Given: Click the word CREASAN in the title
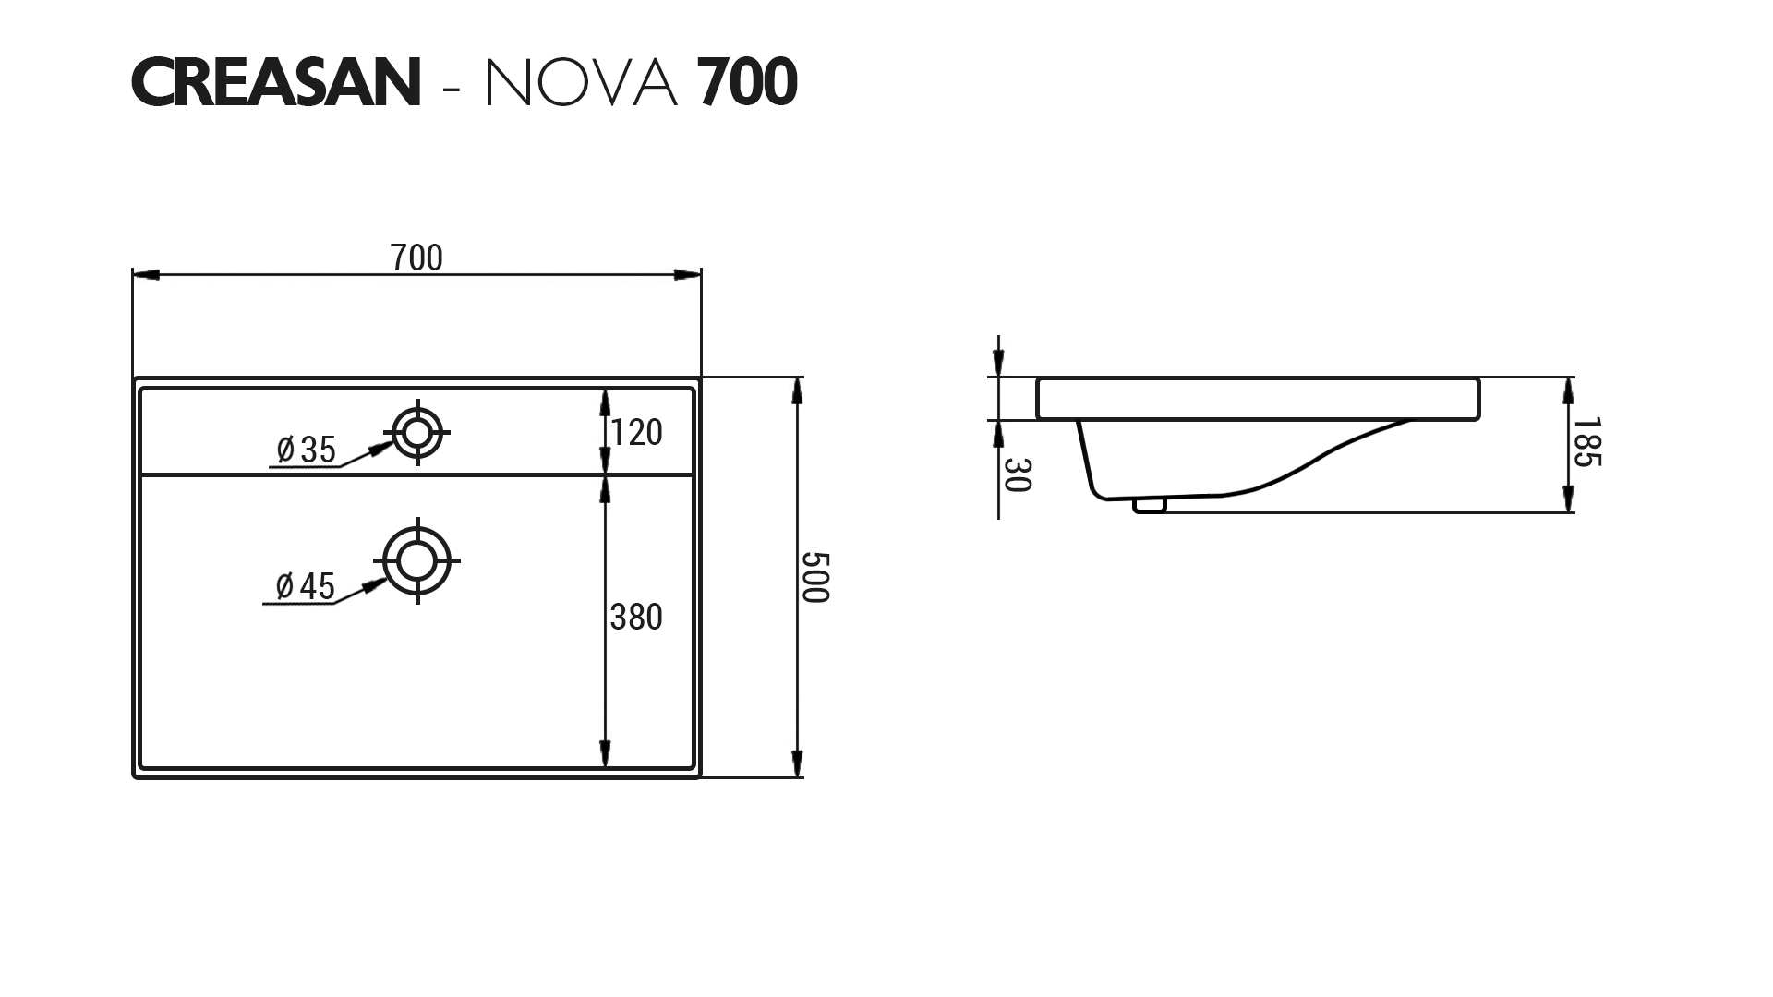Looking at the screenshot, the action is click(276, 82).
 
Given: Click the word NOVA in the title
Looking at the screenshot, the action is click(582, 82).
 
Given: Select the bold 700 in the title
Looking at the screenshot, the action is click(747, 82).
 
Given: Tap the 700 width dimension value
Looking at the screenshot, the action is click(416, 258).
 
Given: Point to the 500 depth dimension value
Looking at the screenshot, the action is click(815, 577).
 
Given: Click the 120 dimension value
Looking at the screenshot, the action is click(636, 432).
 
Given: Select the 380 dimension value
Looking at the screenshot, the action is click(636, 617).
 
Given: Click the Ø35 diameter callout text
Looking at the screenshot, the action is click(307, 450).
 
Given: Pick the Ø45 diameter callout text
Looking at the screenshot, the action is click(305, 585).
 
